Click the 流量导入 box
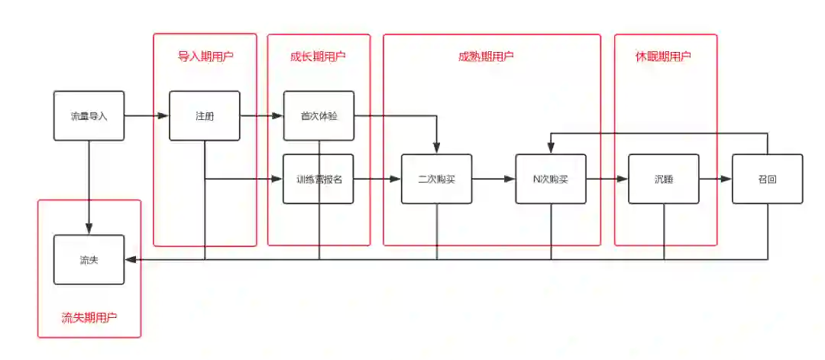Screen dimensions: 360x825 89,116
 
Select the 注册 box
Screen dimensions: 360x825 204,116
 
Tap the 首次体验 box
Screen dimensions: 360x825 319,116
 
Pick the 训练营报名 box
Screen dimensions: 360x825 319,180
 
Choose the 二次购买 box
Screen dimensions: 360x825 437,180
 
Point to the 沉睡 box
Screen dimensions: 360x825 663,180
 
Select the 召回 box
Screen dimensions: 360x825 767,180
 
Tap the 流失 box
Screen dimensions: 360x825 89,260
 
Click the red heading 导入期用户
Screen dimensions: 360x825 205,57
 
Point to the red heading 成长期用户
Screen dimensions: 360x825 319,57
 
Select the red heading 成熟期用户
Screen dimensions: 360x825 486,57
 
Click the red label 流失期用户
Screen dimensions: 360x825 89,317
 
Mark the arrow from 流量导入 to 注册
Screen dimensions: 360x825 146,116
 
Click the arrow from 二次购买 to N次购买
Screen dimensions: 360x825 493,180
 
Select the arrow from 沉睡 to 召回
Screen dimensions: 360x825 715,180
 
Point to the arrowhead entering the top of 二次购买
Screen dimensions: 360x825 437,148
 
